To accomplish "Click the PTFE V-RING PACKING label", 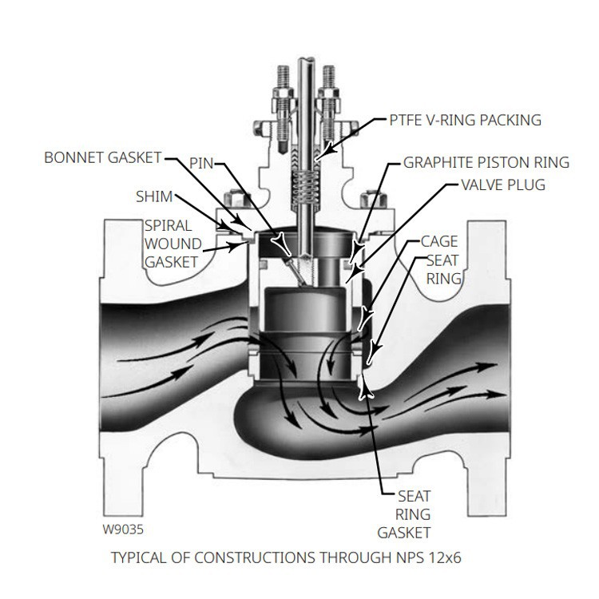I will tap(466, 121).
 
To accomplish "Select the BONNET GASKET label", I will tap(102, 157).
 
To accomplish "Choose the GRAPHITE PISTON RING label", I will tap(486, 162).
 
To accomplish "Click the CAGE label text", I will tap(439, 241).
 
